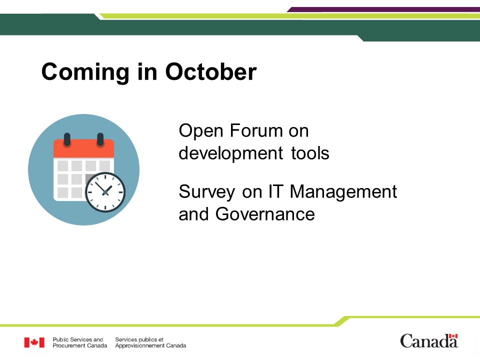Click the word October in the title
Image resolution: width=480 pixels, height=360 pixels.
tap(211, 71)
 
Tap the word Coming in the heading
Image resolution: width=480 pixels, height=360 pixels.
tap(85, 73)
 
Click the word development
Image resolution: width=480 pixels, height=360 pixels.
tap(231, 153)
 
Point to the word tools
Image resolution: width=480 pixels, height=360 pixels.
tap(310, 153)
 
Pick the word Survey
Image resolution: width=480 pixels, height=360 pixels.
tap(206, 192)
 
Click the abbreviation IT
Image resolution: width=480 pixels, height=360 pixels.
tap(275, 191)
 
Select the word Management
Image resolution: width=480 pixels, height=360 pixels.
tap(343, 192)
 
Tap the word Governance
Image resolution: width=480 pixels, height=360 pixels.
tap(265, 214)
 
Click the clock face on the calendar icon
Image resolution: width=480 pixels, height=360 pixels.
tap(105, 192)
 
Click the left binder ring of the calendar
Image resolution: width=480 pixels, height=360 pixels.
tap(67, 139)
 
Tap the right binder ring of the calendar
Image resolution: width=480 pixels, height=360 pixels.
tap(100, 139)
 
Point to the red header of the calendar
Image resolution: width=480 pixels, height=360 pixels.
tap(84, 149)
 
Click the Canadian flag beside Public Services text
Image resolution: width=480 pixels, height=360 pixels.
tap(34, 342)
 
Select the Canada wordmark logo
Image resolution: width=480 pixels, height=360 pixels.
tap(429, 341)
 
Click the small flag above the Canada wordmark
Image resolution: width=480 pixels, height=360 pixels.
tap(453, 336)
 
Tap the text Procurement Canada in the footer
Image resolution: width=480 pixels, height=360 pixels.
tap(80, 345)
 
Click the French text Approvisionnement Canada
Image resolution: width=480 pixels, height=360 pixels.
tap(150, 345)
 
